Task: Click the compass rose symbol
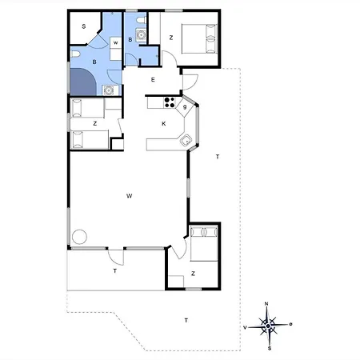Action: pyautogui.click(x=269, y=326)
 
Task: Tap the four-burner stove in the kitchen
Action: pyautogui.click(x=170, y=102)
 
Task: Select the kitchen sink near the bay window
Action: pyautogui.click(x=186, y=140)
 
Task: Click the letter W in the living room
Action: pyautogui.click(x=130, y=196)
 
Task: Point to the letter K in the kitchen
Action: pyautogui.click(x=164, y=123)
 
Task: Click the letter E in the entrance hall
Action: pyautogui.click(x=153, y=79)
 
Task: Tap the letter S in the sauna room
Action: pyautogui.click(x=84, y=26)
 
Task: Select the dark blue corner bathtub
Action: pyautogui.click(x=83, y=82)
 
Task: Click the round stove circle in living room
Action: pyautogui.click(x=79, y=237)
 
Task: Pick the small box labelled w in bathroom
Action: pyautogui.click(x=116, y=42)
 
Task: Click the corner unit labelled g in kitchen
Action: pyautogui.click(x=185, y=107)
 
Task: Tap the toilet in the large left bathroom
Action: pyautogui.click(x=75, y=54)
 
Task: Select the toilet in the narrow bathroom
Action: pyautogui.click(x=142, y=20)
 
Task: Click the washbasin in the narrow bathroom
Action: pyautogui.click(x=141, y=34)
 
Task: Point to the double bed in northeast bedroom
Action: pyautogui.click(x=199, y=39)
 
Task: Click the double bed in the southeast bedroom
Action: pyautogui.click(x=204, y=243)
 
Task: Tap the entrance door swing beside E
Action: pyautogui.click(x=190, y=82)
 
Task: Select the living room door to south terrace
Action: pyautogui.click(x=116, y=258)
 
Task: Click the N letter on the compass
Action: pyautogui.click(x=266, y=304)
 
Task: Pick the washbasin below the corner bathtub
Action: pyautogui.click(x=109, y=90)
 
